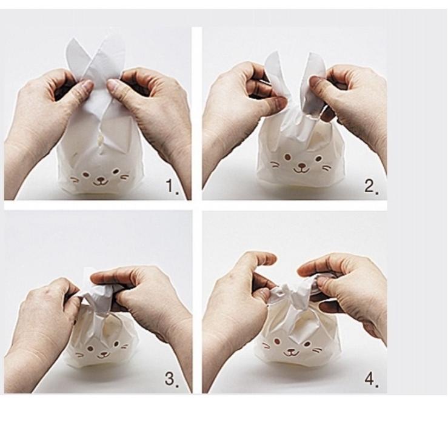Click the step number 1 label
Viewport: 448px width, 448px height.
click(172, 187)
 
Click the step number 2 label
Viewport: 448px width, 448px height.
click(371, 187)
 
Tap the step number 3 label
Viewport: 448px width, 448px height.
click(172, 380)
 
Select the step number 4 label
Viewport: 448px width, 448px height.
click(371, 380)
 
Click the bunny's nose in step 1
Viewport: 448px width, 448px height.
click(101, 177)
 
